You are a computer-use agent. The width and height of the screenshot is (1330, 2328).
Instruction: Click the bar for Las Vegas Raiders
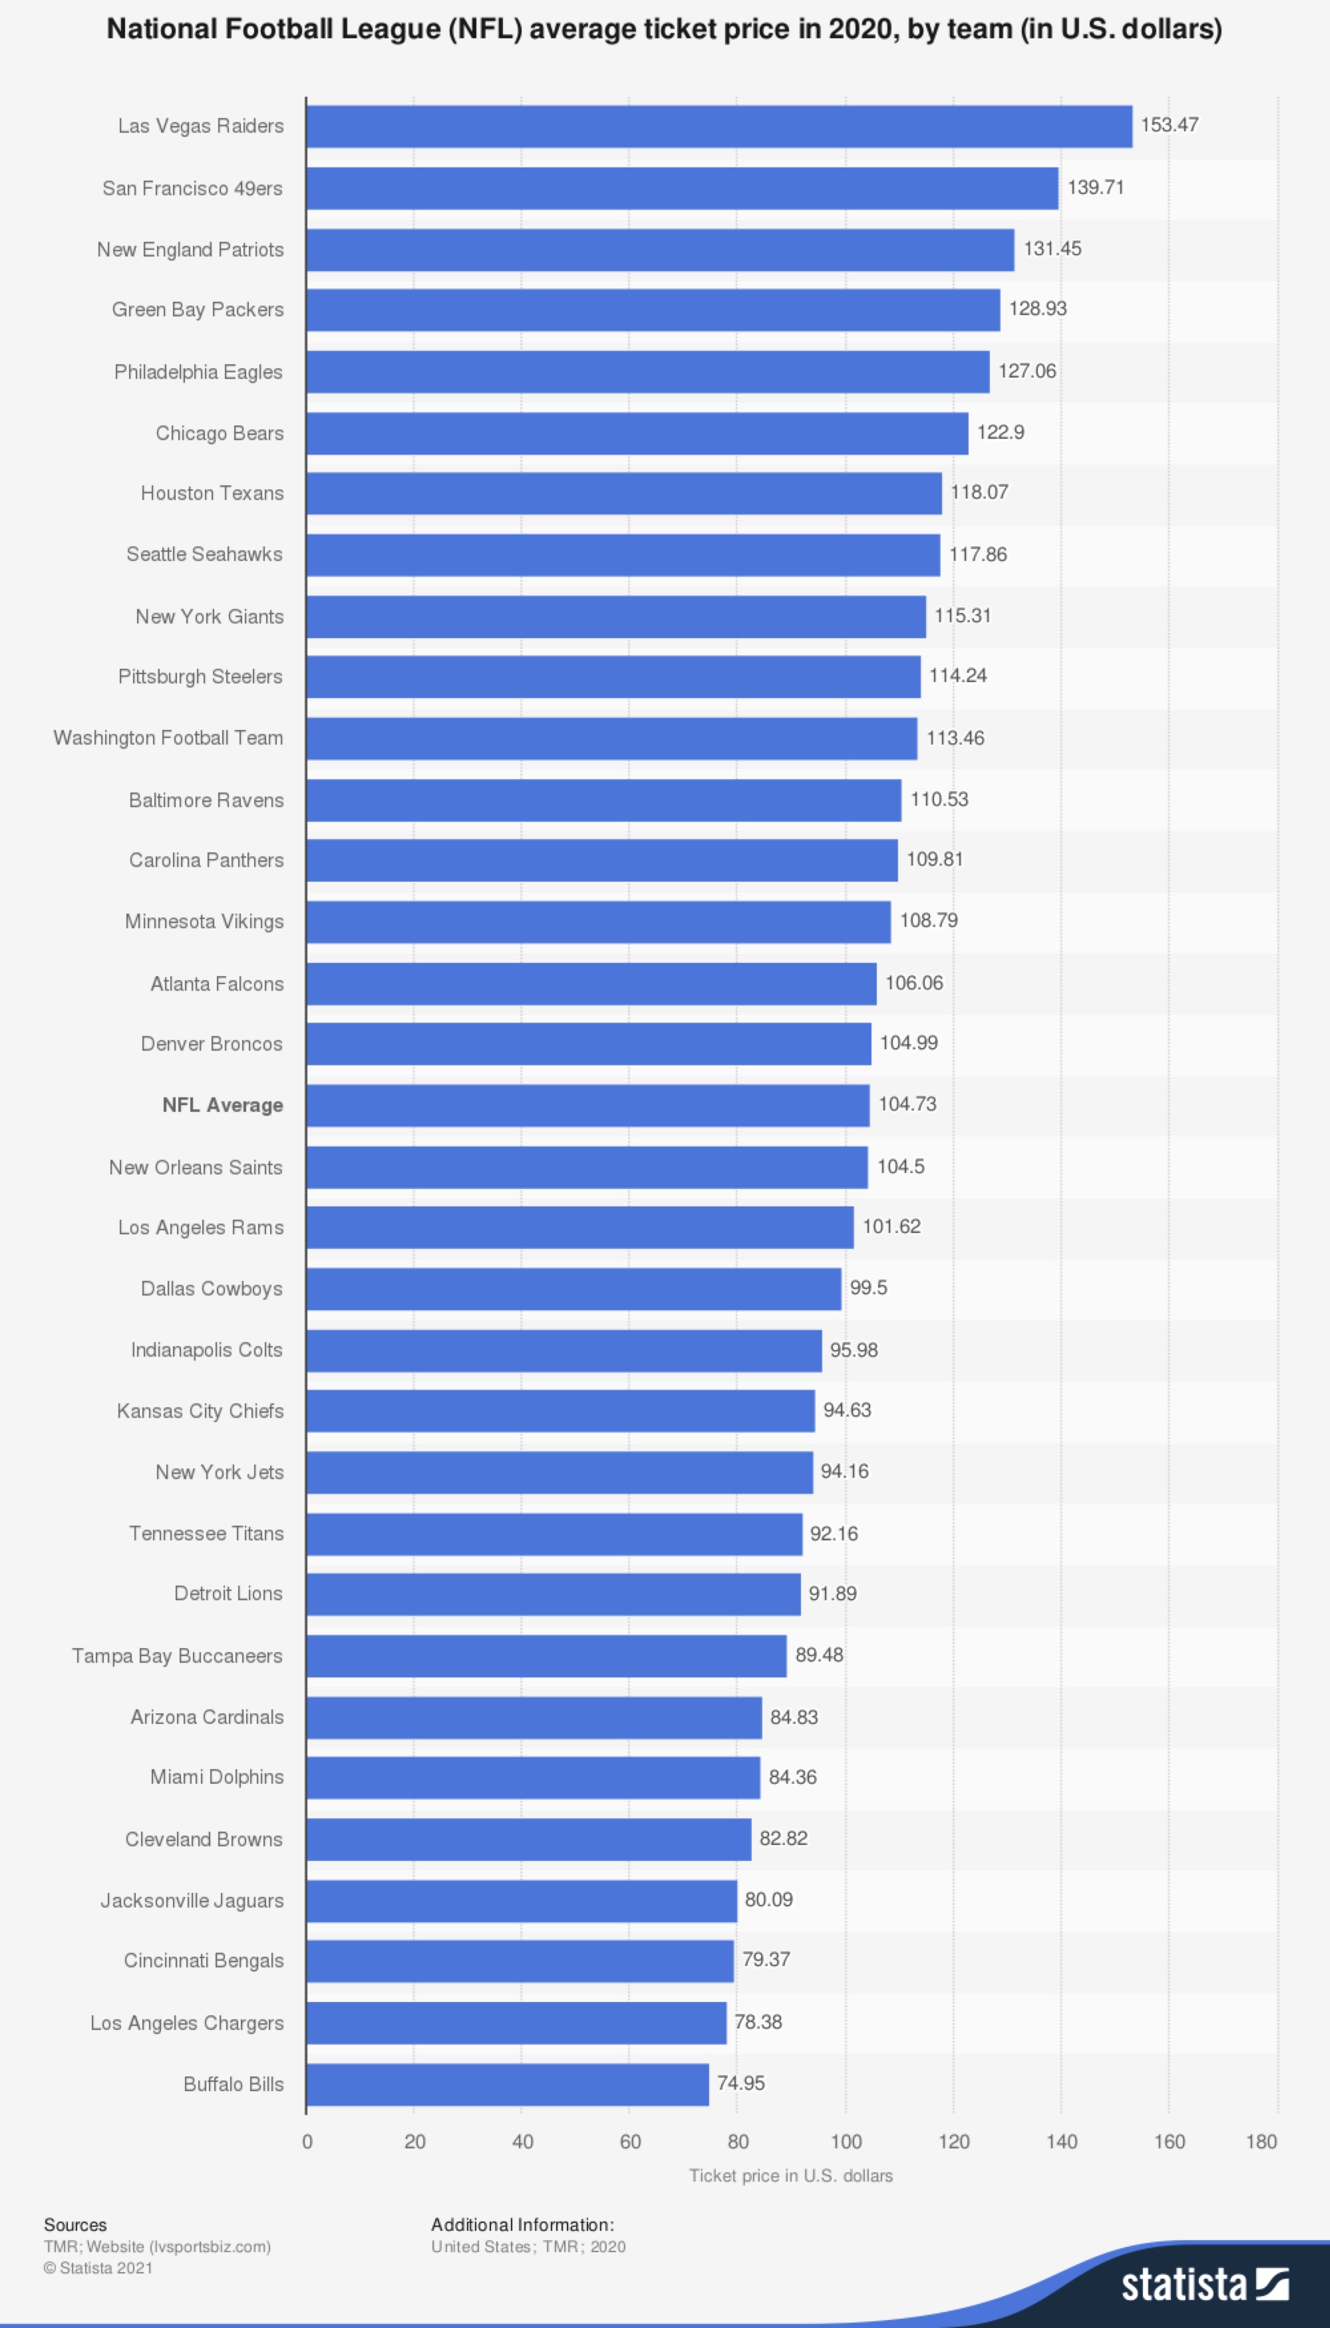[x=719, y=126]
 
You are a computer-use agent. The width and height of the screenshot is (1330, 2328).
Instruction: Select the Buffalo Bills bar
[x=507, y=2084]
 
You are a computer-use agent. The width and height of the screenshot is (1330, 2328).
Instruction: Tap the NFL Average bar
[x=587, y=1105]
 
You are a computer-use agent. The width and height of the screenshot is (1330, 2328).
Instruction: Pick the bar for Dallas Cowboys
[x=574, y=1289]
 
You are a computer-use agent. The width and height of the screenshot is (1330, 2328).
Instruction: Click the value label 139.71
[x=1095, y=187]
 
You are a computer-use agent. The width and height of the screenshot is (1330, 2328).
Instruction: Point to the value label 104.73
[x=907, y=1104]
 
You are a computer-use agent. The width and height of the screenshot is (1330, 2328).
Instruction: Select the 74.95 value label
[x=740, y=2083]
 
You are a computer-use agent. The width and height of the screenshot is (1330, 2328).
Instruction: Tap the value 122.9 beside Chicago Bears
[x=1000, y=432]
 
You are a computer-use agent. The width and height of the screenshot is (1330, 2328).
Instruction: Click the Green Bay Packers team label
[x=198, y=309]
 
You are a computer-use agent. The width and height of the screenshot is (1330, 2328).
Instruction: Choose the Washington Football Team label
[x=168, y=738]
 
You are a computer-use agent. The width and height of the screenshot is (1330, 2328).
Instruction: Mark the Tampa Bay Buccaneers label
[x=177, y=1656]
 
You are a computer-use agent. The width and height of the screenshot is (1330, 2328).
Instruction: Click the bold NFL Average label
[x=222, y=1105]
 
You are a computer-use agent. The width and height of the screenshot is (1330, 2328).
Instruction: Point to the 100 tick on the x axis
[x=846, y=2142]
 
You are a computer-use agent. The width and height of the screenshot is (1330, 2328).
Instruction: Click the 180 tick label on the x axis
[x=1261, y=2142]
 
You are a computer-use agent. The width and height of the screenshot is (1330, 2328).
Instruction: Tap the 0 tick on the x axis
[x=307, y=2142]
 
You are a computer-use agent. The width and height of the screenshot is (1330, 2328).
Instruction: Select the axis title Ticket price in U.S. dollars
[x=790, y=2176]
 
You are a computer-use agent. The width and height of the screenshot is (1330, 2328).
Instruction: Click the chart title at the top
[x=664, y=29]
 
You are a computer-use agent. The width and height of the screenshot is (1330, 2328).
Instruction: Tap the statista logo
[x=1204, y=2284]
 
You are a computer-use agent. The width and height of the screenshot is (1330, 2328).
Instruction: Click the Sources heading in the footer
[x=75, y=2225]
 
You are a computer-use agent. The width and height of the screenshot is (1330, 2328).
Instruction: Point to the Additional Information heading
[x=522, y=2225]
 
